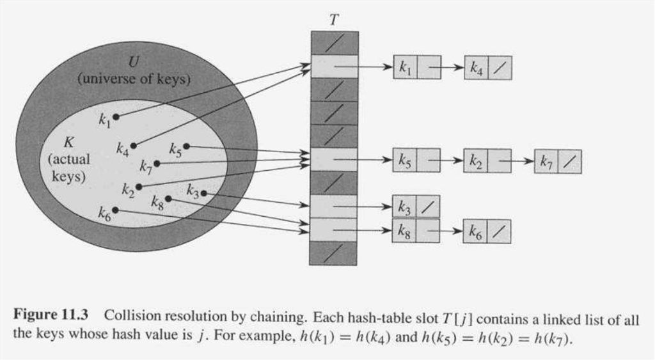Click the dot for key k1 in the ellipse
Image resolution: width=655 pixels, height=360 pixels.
click(x=116, y=116)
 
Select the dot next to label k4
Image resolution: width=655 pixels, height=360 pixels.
click(x=133, y=146)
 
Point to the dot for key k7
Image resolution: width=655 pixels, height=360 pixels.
click(x=157, y=164)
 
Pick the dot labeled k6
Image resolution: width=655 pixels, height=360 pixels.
click(x=115, y=210)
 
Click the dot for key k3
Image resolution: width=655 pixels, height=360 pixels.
click(x=203, y=193)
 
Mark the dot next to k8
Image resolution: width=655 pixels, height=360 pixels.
click(x=168, y=199)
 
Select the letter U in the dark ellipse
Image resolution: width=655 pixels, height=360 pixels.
click(x=134, y=62)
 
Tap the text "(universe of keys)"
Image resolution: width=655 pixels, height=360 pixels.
click(x=134, y=79)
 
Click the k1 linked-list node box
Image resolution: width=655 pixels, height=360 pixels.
click(x=416, y=67)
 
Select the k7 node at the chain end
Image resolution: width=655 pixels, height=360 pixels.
click(x=558, y=162)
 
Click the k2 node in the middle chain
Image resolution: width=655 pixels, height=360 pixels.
click(x=487, y=161)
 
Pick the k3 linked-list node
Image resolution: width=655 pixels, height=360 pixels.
click(x=416, y=207)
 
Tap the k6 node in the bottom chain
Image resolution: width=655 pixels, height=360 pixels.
click(x=487, y=231)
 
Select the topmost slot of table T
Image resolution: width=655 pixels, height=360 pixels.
click(x=335, y=43)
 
